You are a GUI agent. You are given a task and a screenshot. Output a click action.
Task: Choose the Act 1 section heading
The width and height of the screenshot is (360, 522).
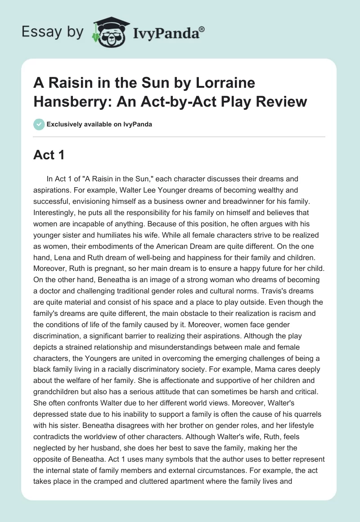click(x=49, y=155)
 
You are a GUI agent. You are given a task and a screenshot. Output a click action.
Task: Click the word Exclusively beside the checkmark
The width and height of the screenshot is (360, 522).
click(x=66, y=124)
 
